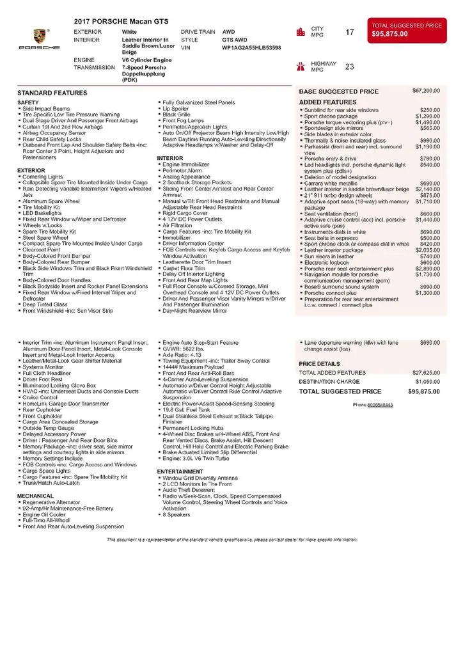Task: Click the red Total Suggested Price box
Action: [x=406, y=30]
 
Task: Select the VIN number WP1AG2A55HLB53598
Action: [x=251, y=47]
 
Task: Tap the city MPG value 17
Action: [x=350, y=32]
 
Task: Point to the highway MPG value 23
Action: [x=350, y=67]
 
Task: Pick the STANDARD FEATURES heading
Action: [x=52, y=93]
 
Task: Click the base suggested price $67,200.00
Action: [x=427, y=91]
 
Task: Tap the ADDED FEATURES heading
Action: [x=327, y=102]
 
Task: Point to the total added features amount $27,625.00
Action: [x=425, y=372]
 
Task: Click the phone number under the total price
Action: [x=373, y=405]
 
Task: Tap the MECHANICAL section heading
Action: [x=36, y=496]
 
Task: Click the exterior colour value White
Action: [x=129, y=31]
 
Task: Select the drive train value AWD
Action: [x=228, y=31]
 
